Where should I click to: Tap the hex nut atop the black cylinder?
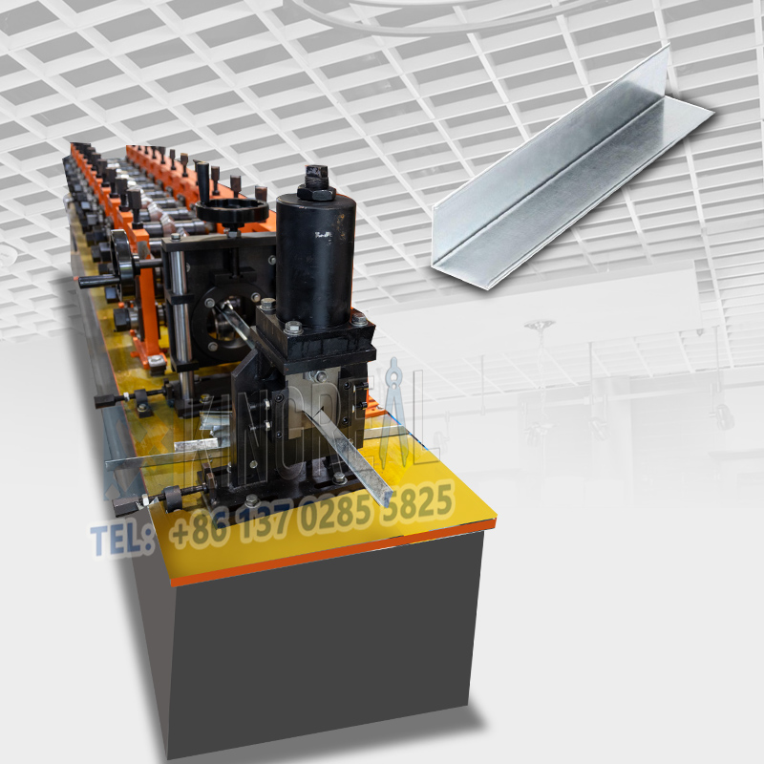[x=316, y=181]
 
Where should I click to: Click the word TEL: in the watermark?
[x=122, y=540]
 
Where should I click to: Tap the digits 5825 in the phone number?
[x=417, y=500]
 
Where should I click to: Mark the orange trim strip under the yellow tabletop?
[x=334, y=554]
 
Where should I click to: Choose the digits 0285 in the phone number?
[x=334, y=513]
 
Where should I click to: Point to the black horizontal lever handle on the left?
[x=100, y=281]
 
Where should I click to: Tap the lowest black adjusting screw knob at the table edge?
[x=173, y=495]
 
